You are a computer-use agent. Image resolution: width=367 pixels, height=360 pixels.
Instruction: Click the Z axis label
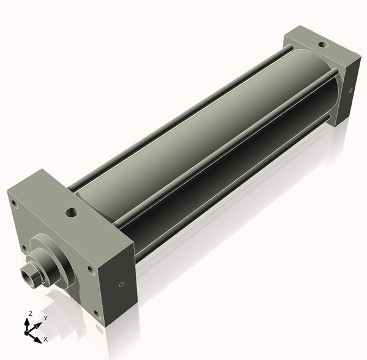pyautogui.click(x=30, y=313)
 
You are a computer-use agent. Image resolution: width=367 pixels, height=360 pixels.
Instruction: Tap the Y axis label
pyautogui.click(x=45, y=318)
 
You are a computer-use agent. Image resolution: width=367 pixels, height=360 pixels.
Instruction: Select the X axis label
pyautogui.click(x=46, y=339)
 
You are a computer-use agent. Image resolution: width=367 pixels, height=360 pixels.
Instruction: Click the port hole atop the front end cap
pyautogui.click(x=72, y=213)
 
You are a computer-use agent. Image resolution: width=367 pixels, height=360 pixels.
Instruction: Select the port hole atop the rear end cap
pyautogui.click(x=321, y=44)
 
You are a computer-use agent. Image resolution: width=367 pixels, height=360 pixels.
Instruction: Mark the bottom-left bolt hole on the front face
pyautogui.click(x=24, y=248)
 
